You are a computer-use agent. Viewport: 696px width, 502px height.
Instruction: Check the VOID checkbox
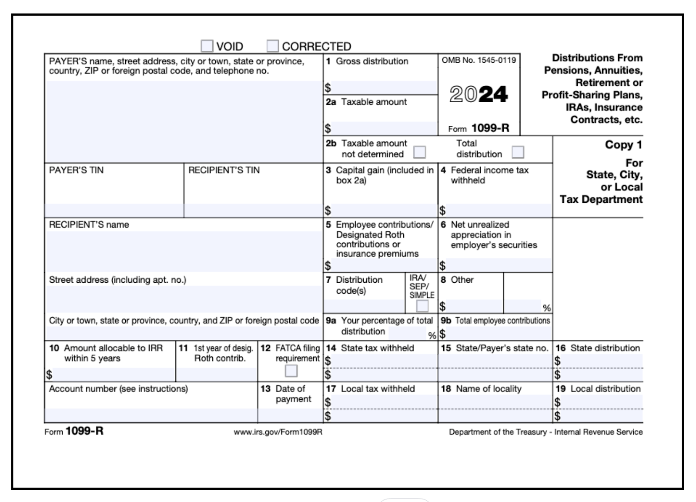[x=207, y=46]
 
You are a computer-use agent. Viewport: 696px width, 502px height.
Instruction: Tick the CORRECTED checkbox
[x=273, y=46]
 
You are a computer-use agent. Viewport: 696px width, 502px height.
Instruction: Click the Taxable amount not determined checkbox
[x=420, y=152]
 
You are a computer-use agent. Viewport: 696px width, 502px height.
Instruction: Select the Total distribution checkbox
[x=518, y=152]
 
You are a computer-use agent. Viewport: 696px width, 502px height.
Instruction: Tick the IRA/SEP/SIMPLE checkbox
[x=422, y=306]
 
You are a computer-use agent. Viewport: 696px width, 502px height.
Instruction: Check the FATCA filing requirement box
[x=291, y=371]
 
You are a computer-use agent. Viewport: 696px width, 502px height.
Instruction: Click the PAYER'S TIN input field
[x=114, y=211]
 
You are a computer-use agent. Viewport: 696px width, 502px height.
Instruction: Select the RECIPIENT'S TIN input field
[x=253, y=211]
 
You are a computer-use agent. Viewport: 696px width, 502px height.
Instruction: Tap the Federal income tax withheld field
[x=499, y=211]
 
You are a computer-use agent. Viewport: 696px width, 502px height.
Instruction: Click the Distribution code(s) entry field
[x=364, y=306]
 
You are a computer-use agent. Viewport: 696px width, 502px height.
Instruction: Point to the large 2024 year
[x=478, y=94]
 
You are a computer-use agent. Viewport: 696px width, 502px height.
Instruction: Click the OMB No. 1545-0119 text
[x=479, y=60]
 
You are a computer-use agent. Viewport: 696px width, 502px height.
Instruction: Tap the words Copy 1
[x=623, y=145]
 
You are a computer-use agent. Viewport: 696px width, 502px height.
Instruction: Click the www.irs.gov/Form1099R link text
[x=278, y=432]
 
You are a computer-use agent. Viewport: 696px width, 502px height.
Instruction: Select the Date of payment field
[x=290, y=415]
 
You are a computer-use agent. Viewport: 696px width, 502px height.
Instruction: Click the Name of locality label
[x=489, y=389]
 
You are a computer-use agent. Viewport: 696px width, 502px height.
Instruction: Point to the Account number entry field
[x=151, y=415]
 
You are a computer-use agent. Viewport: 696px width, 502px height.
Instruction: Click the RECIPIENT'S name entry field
[x=184, y=251]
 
